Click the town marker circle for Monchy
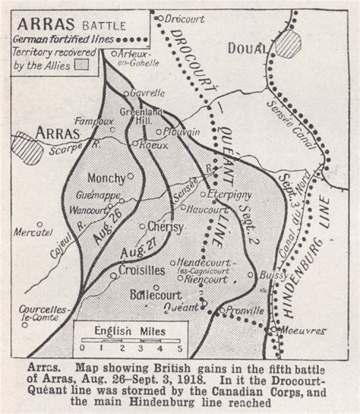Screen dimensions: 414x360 (130, 176)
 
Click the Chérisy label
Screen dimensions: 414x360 (165, 226)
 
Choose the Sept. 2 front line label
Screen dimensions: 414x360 (247, 220)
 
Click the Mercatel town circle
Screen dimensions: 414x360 (39, 224)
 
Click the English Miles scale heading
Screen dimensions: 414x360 (130, 331)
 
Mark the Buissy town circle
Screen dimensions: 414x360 (251, 274)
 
